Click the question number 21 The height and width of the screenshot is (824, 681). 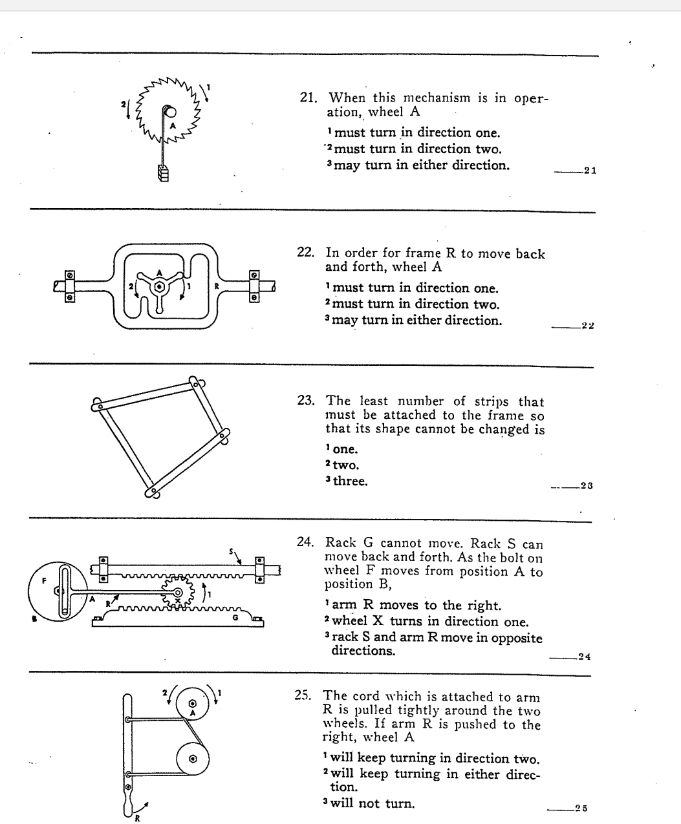pos(308,98)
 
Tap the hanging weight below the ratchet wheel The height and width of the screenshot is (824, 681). pos(163,174)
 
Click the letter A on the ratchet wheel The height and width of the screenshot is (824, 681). pos(173,125)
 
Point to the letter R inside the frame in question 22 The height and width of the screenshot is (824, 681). pos(217,286)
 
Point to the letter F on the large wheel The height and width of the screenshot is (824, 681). pos(45,580)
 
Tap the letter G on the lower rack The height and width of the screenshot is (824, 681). pos(236,618)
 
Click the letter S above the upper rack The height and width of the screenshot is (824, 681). pos(231,551)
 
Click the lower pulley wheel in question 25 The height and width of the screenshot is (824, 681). pos(192,760)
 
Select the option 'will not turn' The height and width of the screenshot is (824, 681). pos(373,804)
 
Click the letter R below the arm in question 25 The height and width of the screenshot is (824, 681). pos(137,819)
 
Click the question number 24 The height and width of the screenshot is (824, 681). pos(305,543)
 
